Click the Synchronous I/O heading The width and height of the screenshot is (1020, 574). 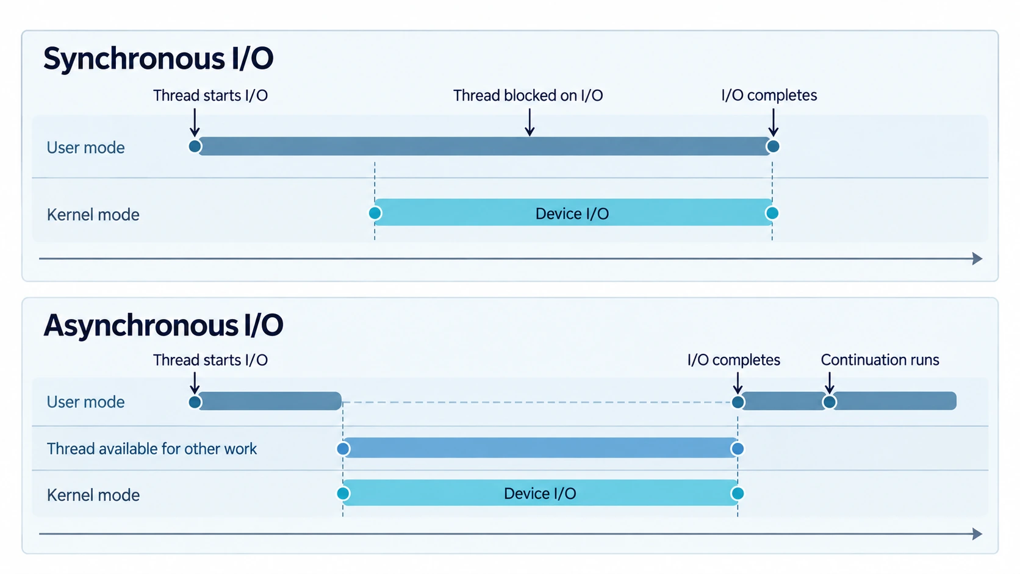click(x=158, y=59)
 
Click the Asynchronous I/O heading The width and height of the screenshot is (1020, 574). click(x=163, y=326)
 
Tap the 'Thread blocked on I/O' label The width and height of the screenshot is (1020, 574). click(x=528, y=96)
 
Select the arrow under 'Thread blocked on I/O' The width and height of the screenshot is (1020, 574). click(x=529, y=122)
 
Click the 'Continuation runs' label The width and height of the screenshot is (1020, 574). click(x=880, y=360)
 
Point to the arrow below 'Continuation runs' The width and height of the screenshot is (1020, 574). click(x=829, y=383)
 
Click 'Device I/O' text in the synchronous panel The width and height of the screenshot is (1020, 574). click(x=572, y=213)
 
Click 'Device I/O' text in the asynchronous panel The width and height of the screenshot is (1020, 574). click(x=540, y=493)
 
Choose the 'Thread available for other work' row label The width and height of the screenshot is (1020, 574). click(x=152, y=449)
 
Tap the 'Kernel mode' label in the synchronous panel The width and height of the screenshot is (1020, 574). click(x=93, y=214)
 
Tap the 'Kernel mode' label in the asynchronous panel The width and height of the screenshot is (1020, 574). click(x=93, y=495)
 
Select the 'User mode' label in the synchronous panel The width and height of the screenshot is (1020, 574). click(x=85, y=148)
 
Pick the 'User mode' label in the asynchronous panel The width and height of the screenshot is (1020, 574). click(x=85, y=402)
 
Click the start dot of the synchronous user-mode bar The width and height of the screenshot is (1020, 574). click(x=195, y=146)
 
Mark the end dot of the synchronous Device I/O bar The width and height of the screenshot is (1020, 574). click(x=772, y=213)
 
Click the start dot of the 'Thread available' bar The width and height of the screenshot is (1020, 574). click(x=343, y=449)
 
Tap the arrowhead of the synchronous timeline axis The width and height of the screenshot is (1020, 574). click(x=978, y=259)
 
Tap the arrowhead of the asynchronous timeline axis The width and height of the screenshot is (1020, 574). click(x=978, y=534)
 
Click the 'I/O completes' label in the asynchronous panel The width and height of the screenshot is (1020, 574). click(x=733, y=360)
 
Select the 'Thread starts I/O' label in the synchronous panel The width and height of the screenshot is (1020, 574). click(x=210, y=96)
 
